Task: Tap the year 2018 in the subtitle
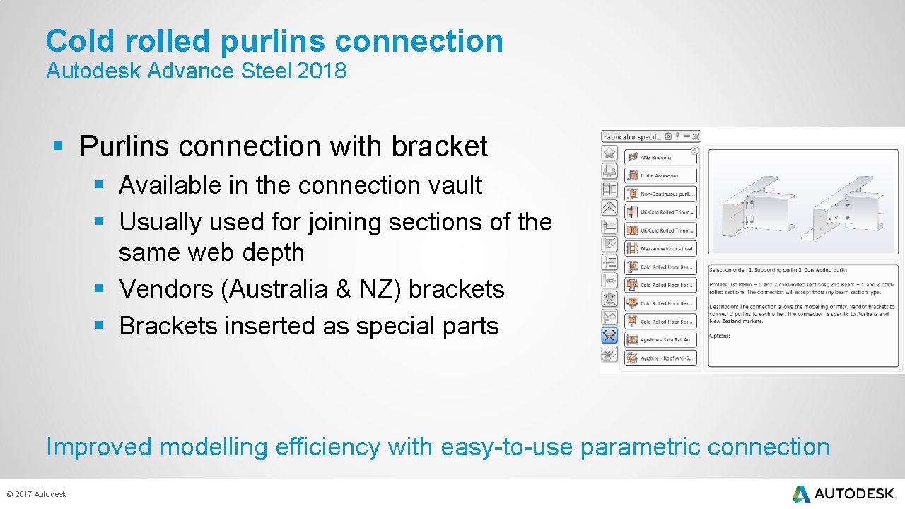322,71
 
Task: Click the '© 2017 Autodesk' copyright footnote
36,494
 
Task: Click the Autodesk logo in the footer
844,493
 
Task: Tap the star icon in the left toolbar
609,153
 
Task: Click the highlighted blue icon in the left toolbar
609,336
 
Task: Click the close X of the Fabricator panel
696,136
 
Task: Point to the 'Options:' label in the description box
720,336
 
